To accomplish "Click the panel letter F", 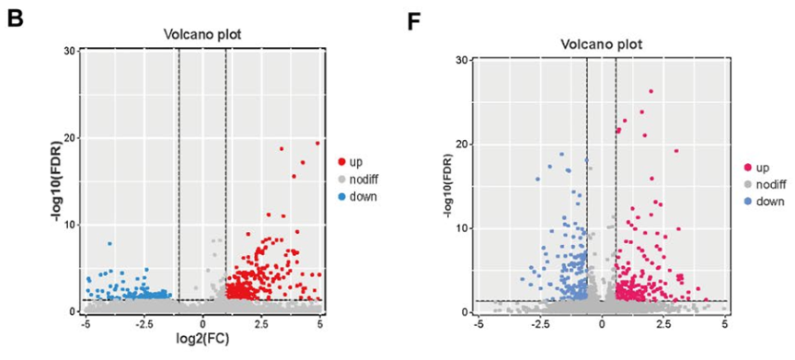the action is tap(416, 21).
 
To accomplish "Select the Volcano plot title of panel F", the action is tap(602, 44).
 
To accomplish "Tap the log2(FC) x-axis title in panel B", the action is tap(202, 338).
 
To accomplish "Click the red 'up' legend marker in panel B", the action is tap(342, 162).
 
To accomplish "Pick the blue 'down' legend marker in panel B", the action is tap(342, 196).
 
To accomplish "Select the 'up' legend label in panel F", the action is tap(761, 168).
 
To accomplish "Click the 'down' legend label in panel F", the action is tap(769, 202).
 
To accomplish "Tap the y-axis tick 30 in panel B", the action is tap(69, 51).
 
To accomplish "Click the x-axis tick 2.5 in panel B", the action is tap(261, 322).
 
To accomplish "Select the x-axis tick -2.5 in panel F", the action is tap(540, 323).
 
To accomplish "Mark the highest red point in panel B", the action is tap(317, 143).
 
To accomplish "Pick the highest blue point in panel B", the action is tap(109, 243).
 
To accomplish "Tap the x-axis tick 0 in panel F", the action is tap(602, 323).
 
